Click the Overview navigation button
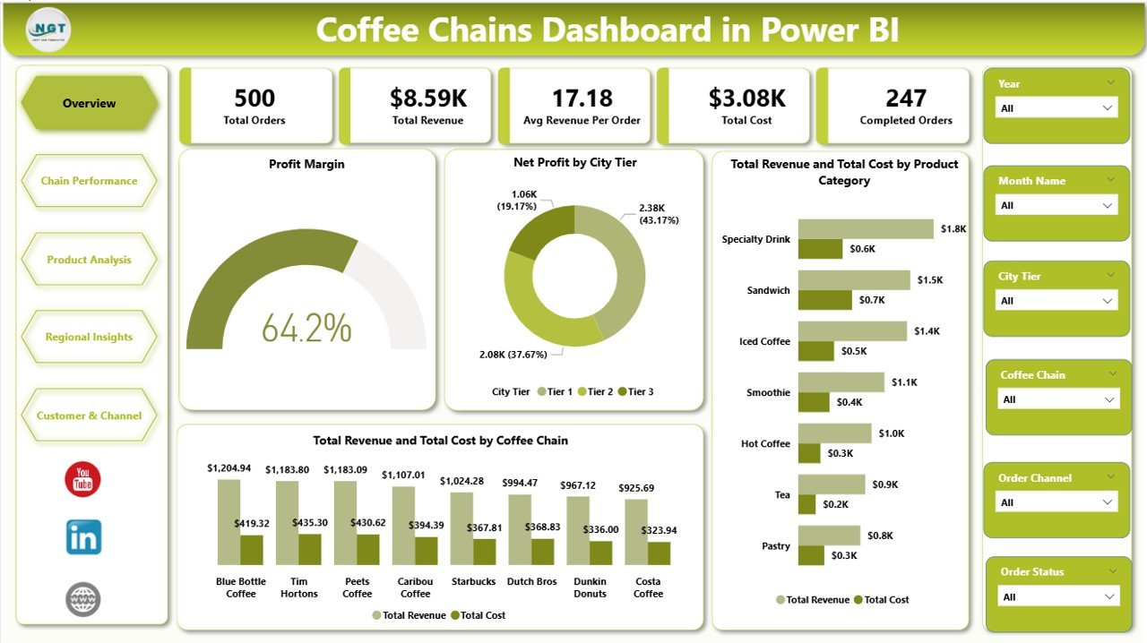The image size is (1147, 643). [89, 103]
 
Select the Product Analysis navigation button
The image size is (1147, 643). [89, 260]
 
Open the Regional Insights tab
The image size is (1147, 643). [89, 338]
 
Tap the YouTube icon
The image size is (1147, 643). [83, 480]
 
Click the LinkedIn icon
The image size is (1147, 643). [83, 537]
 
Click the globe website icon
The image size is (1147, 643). [83, 599]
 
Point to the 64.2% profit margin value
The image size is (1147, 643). [306, 328]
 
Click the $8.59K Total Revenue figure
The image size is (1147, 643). [427, 99]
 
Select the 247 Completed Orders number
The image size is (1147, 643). [905, 99]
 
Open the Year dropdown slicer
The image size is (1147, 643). [1056, 107]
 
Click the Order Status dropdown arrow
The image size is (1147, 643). [1109, 596]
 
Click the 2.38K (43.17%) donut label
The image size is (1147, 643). [659, 213]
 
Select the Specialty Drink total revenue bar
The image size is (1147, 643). [866, 228]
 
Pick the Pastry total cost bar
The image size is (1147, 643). [811, 555]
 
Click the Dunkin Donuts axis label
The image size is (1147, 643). [590, 587]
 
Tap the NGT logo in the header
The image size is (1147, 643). [48, 30]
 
